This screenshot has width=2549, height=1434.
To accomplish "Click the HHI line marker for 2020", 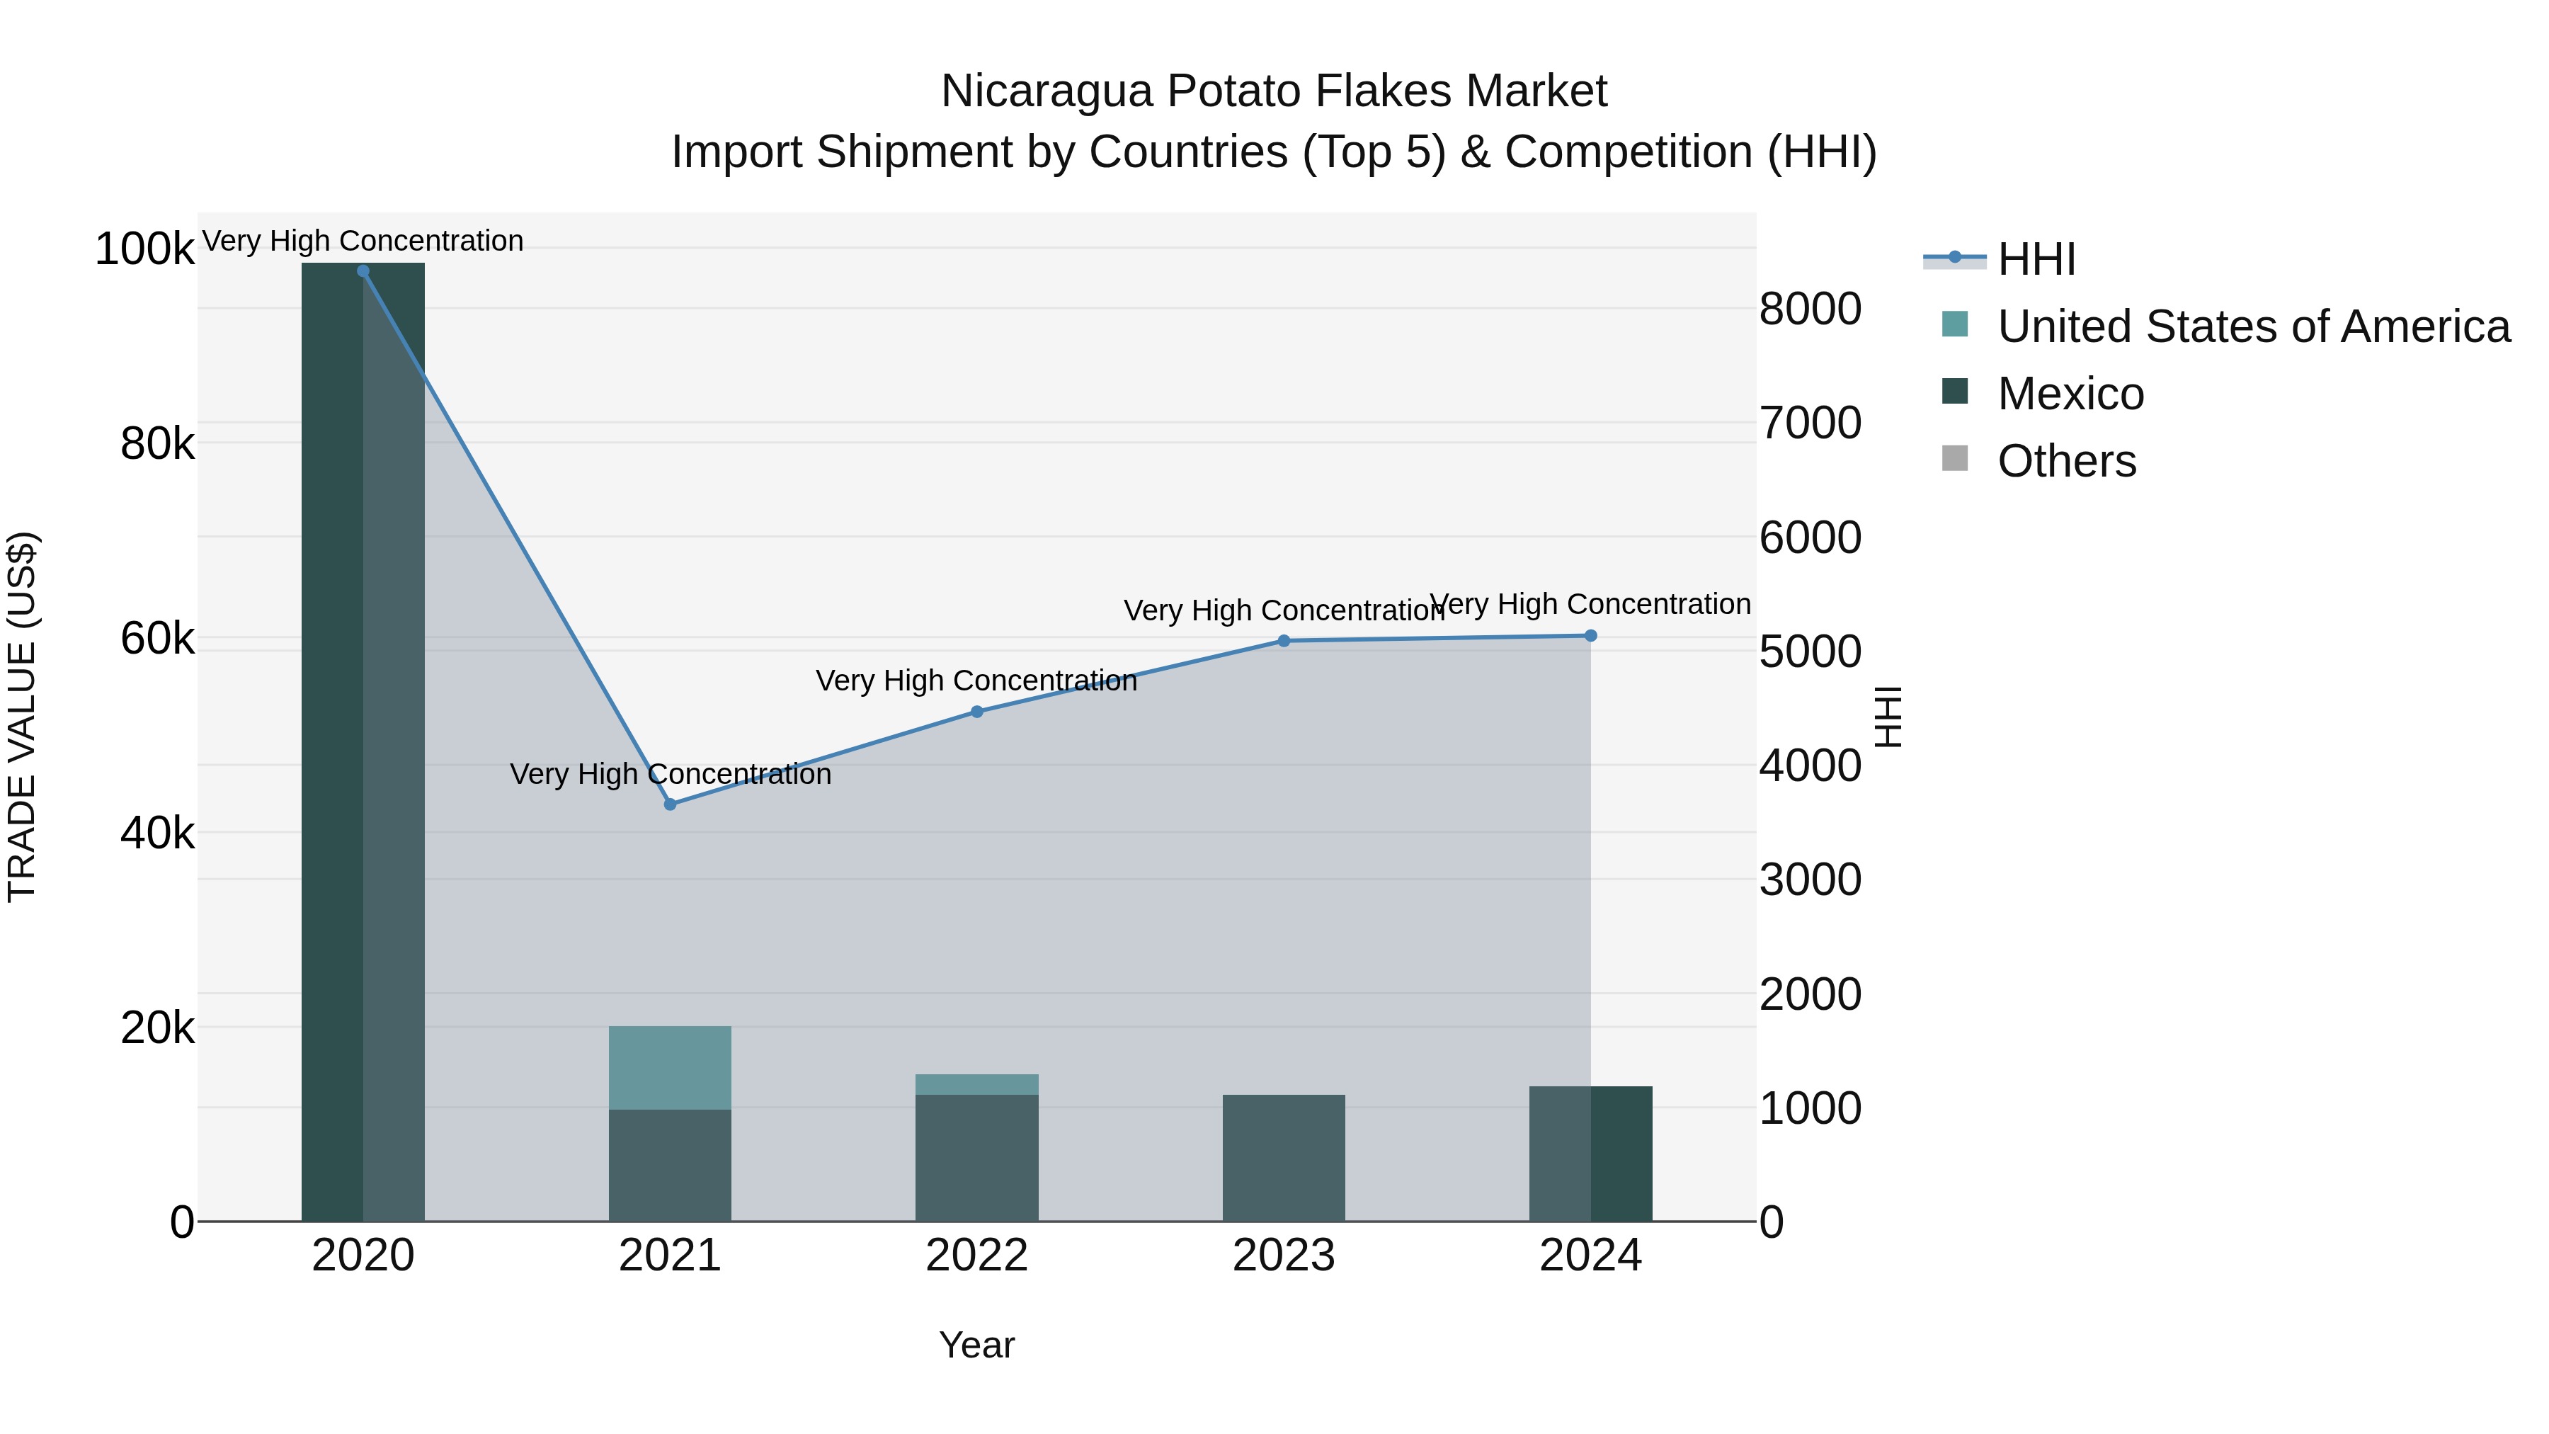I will pyautogui.click(x=363, y=271).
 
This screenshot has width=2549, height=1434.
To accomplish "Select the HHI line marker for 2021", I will pyautogui.click(x=670, y=804).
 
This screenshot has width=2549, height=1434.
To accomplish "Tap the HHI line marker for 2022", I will pyautogui.click(x=976, y=712).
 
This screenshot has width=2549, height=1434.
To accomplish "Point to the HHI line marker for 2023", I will pyautogui.click(x=1284, y=642).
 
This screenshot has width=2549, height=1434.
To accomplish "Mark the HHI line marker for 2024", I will pyautogui.click(x=1590, y=635).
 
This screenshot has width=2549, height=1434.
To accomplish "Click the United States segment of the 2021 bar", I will pyautogui.click(x=670, y=1068).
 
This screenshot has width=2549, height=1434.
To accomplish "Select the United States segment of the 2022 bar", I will pyautogui.click(x=976, y=1085).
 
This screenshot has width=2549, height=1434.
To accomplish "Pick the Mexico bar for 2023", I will pyautogui.click(x=1284, y=1158).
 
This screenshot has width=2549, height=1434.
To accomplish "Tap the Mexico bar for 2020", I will pyautogui.click(x=363, y=742).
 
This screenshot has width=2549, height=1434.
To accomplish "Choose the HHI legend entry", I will pyautogui.click(x=2036, y=259).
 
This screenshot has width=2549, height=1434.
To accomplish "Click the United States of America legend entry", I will pyautogui.click(x=2253, y=326).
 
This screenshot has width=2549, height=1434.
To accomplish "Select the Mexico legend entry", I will pyautogui.click(x=2070, y=394).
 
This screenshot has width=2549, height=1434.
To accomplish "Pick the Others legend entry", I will pyautogui.click(x=2066, y=461).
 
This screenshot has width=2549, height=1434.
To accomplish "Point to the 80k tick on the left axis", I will pyautogui.click(x=157, y=444).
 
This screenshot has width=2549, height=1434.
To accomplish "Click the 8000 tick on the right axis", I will pyautogui.click(x=1810, y=309).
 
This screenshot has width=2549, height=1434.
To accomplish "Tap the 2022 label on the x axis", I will pyautogui.click(x=976, y=1256).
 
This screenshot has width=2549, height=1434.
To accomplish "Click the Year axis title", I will pyautogui.click(x=976, y=1345).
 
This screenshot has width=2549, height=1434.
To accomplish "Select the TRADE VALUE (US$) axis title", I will pyautogui.click(x=22, y=717).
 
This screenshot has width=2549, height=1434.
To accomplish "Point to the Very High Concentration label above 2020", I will pyautogui.click(x=363, y=241).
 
